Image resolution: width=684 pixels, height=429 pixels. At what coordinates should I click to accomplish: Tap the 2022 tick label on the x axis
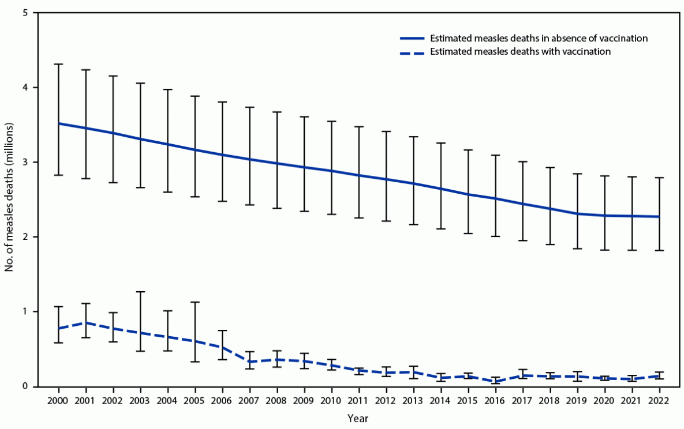pos(659,400)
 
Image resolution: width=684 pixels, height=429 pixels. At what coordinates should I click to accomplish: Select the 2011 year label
pos(358,400)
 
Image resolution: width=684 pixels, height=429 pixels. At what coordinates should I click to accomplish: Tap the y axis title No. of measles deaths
pos(10,200)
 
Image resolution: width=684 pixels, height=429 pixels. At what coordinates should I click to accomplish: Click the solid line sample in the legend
pos(412,39)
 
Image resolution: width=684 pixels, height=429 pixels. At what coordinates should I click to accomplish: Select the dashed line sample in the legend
pos(412,52)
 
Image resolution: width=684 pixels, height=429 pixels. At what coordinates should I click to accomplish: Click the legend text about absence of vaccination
pos(538,39)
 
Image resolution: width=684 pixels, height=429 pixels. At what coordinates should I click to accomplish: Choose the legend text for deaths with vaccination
pos(519,52)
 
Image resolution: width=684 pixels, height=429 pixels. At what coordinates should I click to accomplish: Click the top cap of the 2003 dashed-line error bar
pos(140,292)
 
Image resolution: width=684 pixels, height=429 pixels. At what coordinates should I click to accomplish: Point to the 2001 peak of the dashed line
pos(85,322)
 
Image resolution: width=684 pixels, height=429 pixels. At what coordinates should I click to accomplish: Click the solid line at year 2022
pos(659,216)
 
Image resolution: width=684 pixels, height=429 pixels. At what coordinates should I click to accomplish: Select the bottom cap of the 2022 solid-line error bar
pos(659,250)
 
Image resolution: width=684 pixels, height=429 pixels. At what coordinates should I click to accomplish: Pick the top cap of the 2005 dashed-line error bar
pos(195,302)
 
